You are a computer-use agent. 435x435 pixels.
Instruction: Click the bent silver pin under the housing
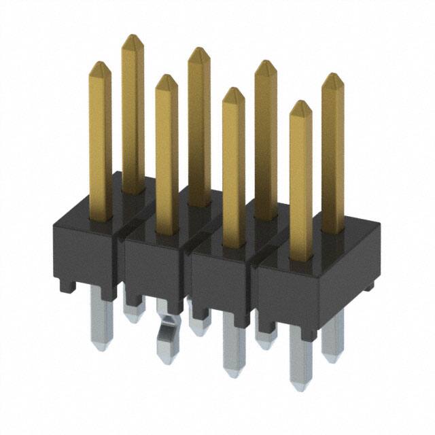(x=165, y=340)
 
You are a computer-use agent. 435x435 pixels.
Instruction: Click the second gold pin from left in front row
(x=167, y=156)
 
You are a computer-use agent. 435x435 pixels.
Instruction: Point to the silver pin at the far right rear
(x=333, y=336)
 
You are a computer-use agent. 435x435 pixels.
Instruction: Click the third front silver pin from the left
(x=233, y=347)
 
